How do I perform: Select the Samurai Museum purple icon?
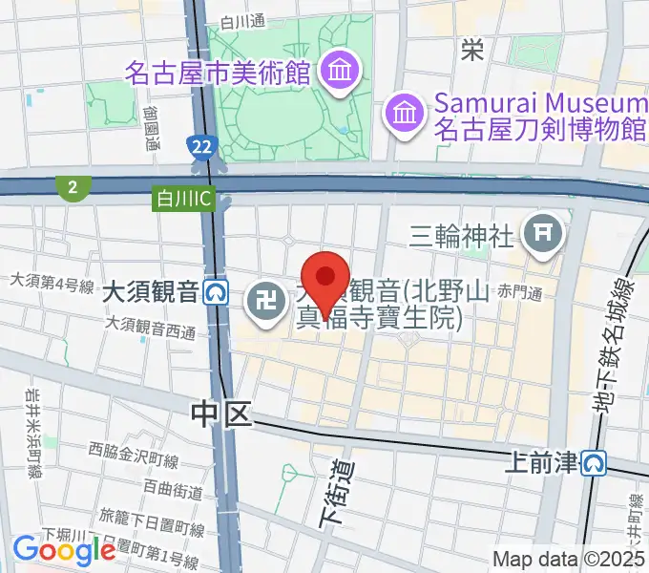tap(403, 115)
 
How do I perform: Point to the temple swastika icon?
tap(262, 304)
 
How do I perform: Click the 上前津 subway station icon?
tap(596, 464)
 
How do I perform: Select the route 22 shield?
tap(200, 145)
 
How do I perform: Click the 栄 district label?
tap(472, 48)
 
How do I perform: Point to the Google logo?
tap(64, 549)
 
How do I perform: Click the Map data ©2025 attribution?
tap(569, 559)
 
